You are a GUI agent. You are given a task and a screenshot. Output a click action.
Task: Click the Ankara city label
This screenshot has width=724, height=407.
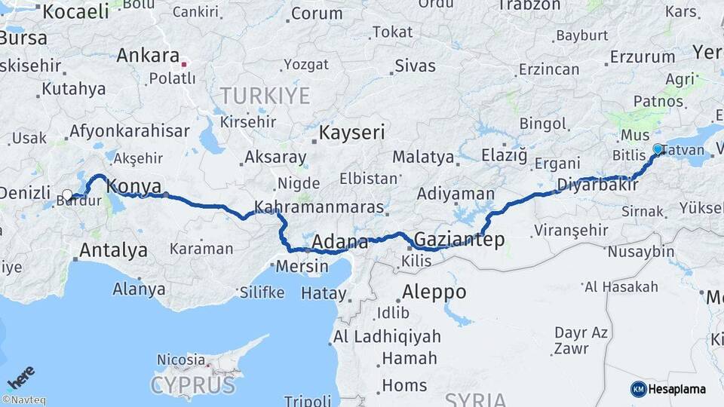click(148, 56)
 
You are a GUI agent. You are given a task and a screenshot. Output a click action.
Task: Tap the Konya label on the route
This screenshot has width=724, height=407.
click(134, 186)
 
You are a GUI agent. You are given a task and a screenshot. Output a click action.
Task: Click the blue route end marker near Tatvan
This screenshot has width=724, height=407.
click(658, 149)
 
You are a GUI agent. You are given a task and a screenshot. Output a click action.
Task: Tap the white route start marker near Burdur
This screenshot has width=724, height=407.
click(67, 195)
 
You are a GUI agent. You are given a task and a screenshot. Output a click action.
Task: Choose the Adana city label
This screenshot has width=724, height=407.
click(340, 242)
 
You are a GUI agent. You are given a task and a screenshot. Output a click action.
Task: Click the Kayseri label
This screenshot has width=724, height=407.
click(352, 133)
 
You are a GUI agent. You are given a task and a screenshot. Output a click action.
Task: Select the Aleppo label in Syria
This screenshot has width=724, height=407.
click(434, 292)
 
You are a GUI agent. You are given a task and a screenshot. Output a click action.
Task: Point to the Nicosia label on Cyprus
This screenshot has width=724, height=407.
click(181, 360)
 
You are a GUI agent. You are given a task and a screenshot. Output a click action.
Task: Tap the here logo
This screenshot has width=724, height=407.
click(20, 377)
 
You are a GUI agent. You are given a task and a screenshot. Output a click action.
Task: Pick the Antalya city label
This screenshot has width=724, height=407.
click(113, 249)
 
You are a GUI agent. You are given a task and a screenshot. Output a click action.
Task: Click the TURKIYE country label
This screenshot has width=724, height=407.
click(265, 96)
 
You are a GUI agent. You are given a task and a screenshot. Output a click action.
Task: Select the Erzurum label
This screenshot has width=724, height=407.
click(643, 57)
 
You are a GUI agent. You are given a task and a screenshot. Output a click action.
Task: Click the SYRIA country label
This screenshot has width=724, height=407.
click(474, 399)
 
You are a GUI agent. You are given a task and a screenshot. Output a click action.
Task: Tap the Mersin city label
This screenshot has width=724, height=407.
click(302, 266)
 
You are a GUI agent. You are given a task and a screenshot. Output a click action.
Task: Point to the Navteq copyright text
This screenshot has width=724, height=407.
click(23, 400)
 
